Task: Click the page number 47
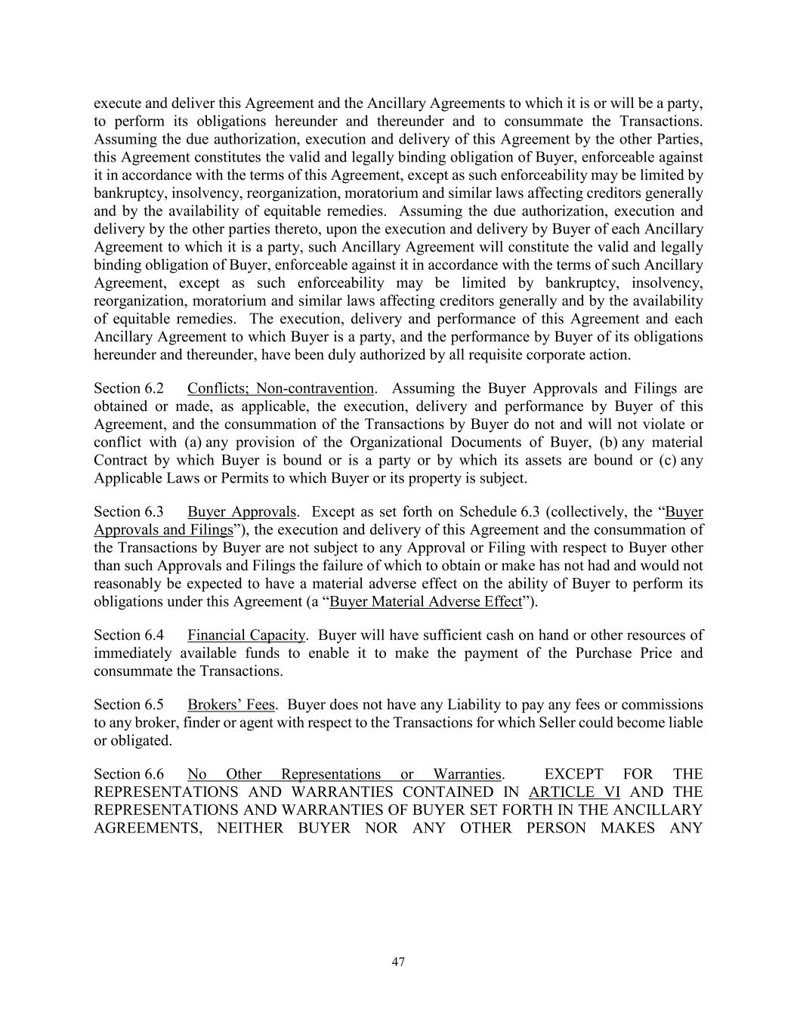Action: click(x=399, y=962)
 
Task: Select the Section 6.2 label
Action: click(x=128, y=389)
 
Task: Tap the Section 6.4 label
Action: click(x=128, y=636)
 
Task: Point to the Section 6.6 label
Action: click(x=128, y=775)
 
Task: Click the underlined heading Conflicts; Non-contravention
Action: click(x=280, y=389)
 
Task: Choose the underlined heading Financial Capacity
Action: click(x=246, y=636)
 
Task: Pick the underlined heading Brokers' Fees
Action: click(x=231, y=705)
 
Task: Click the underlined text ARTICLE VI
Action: click(x=574, y=792)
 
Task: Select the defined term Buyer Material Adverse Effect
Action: click(x=426, y=602)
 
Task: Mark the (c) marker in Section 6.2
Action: click(x=667, y=461)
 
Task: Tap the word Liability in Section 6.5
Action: click(x=471, y=705)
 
